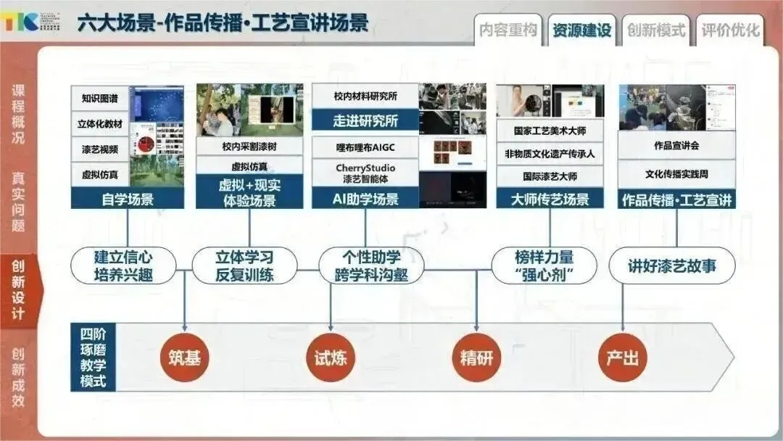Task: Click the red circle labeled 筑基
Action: click(x=184, y=358)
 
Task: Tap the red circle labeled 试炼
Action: click(x=331, y=358)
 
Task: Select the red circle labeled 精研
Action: click(x=476, y=358)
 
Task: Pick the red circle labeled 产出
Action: click(x=623, y=358)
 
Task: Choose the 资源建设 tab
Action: click(x=581, y=30)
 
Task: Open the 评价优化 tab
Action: click(x=730, y=30)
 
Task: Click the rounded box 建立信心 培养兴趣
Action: click(x=124, y=265)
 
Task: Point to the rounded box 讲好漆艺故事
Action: click(x=671, y=265)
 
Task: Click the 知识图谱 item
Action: click(x=100, y=98)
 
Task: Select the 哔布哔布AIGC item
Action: click(x=365, y=147)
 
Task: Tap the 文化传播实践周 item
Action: click(x=676, y=174)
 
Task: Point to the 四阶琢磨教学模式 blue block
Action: click(x=93, y=357)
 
